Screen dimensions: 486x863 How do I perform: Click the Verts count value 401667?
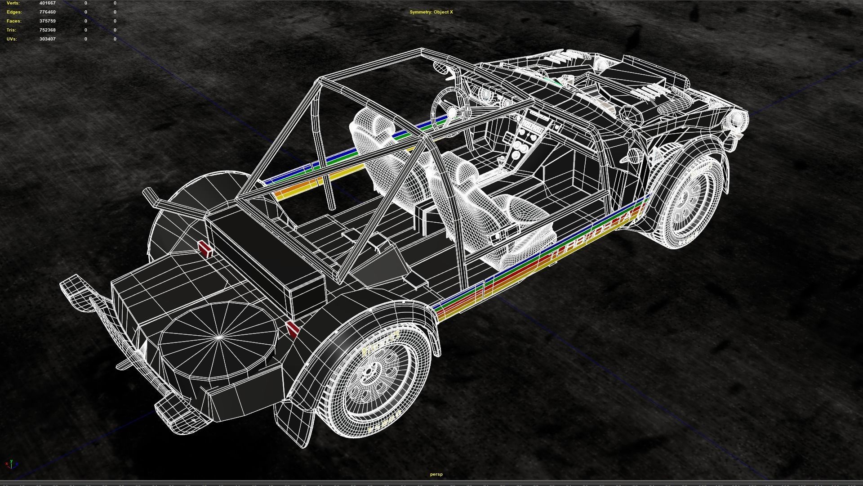pos(47,3)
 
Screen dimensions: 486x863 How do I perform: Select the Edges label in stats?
pos(14,12)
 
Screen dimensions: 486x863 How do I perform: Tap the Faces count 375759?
pos(47,21)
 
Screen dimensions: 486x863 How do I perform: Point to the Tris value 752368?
pos(47,30)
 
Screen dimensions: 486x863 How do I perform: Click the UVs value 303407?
pos(47,39)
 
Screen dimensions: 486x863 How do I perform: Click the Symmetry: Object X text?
pos(431,12)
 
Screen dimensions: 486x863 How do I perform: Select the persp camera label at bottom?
pos(436,474)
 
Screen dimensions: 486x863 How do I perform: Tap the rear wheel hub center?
pos(369,372)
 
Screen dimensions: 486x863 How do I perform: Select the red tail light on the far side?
pos(205,248)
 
